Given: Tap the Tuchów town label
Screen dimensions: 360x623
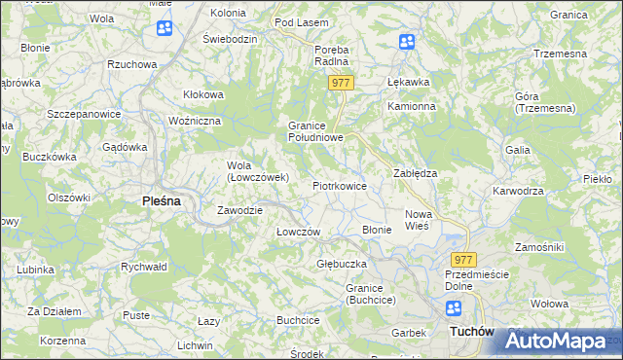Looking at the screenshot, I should (473, 332).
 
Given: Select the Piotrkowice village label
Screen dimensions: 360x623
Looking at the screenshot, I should (339, 185).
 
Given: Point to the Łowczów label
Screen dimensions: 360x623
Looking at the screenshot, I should (298, 232).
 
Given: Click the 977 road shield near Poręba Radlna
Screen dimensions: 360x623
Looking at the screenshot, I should (340, 84).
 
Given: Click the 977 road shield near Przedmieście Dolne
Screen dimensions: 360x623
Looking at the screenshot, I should (463, 260).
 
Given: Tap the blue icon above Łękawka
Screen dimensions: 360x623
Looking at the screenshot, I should (406, 42).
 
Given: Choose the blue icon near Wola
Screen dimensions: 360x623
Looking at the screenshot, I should (164, 28).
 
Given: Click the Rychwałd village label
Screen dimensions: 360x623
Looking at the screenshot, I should (144, 266).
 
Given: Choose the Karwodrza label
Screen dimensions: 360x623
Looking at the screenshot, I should (518, 191).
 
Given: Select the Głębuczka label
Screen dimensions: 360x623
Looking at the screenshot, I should (342, 264).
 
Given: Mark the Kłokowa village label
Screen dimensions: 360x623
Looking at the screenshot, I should (204, 94).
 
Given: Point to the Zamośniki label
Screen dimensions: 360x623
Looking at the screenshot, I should (539, 247).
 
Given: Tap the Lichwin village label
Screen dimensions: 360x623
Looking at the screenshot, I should (196, 345).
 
